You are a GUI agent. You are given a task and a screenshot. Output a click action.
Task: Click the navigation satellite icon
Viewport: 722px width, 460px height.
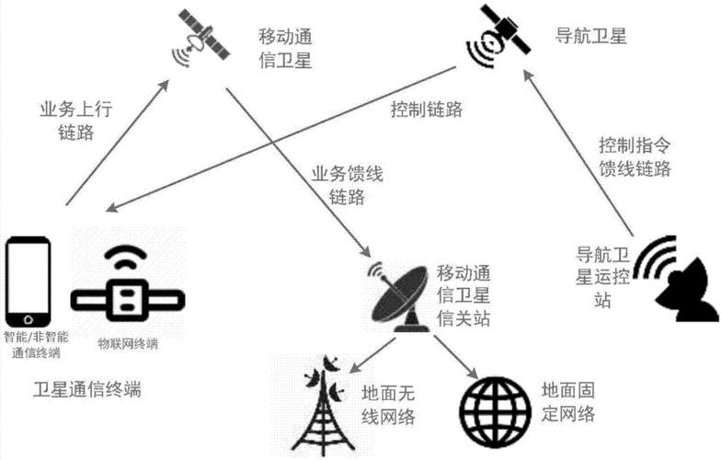pyautogui.click(x=499, y=36)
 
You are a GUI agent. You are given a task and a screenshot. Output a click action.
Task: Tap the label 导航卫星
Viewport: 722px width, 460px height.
pyautogui.click(x=590, y=36)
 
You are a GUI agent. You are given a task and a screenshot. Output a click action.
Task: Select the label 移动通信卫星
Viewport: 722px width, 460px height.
pyautogui.click(x=285, y=49)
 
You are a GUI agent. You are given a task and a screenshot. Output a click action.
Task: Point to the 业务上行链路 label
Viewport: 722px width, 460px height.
pyautogui.click(x=76, y=121)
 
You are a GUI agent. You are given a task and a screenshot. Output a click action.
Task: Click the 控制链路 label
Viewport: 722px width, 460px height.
pyautogui.click(x=427, y=109)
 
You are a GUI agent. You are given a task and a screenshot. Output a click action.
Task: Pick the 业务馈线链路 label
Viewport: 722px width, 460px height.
pyautogui.click(x=347, y=186)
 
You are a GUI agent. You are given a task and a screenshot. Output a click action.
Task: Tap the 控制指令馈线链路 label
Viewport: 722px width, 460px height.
pyautogui.click(x=635, y=157)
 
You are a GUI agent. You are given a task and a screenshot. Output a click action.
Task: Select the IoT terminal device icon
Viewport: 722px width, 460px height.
pyautogui.click(x=128, y=284)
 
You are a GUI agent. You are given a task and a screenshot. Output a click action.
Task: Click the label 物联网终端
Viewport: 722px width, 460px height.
pyautogui.click(x=128, y=344)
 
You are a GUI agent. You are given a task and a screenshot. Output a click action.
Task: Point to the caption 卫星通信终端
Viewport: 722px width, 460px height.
pyautogui.click(x=87, y=389)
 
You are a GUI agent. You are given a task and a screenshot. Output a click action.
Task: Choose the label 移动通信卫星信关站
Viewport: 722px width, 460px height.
pyautogui.click(x=464, y=295)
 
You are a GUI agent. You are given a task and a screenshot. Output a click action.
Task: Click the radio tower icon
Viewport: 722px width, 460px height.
pyautogui.click(x=324, y=405)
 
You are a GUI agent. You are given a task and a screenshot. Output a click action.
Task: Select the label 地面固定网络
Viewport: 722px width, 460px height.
pyautogui.click(x=568, y=402)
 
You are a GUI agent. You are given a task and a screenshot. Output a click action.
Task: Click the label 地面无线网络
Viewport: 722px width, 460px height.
pyautogui.click(x=388, y=405)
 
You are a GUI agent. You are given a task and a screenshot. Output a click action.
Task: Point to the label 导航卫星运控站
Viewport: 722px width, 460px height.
pyautogui.click(x=602, y=277)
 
